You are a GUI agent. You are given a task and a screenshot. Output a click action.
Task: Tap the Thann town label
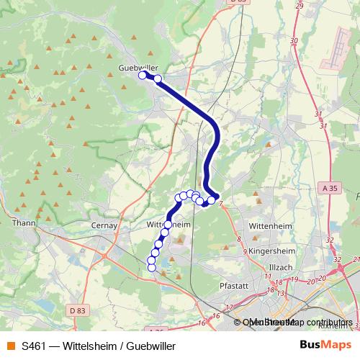tap(23, 223)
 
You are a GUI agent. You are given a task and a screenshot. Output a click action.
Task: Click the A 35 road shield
tap(329, 188)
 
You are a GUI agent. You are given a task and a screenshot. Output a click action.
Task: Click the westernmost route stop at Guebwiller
tap(143, 74)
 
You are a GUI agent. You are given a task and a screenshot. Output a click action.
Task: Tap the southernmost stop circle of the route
tap(151, 268)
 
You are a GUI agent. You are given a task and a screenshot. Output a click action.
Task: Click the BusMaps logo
tap(323, 346)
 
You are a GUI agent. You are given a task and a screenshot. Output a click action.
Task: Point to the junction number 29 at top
tap(300, 6)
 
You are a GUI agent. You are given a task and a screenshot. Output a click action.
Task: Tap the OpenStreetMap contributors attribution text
tap(297, 323)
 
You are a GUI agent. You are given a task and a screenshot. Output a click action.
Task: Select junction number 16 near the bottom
tap(204, 324)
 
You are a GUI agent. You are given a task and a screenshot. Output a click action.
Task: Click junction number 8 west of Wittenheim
tap(238, 238)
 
